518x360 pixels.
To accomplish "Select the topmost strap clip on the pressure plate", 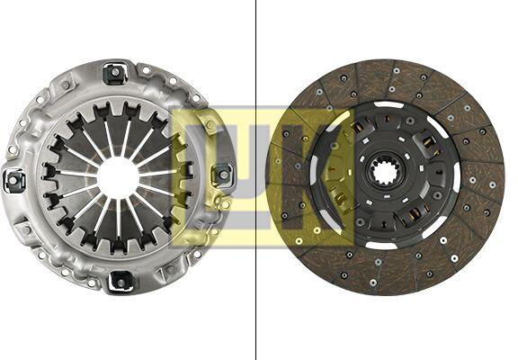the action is pos(114,74).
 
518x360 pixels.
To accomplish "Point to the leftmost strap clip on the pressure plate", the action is pos(13,181).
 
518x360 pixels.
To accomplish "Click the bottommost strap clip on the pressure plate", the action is pos(121,282).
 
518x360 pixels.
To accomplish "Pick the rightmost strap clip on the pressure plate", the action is pos(223,175).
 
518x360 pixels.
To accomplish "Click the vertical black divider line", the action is pos(255,180).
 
